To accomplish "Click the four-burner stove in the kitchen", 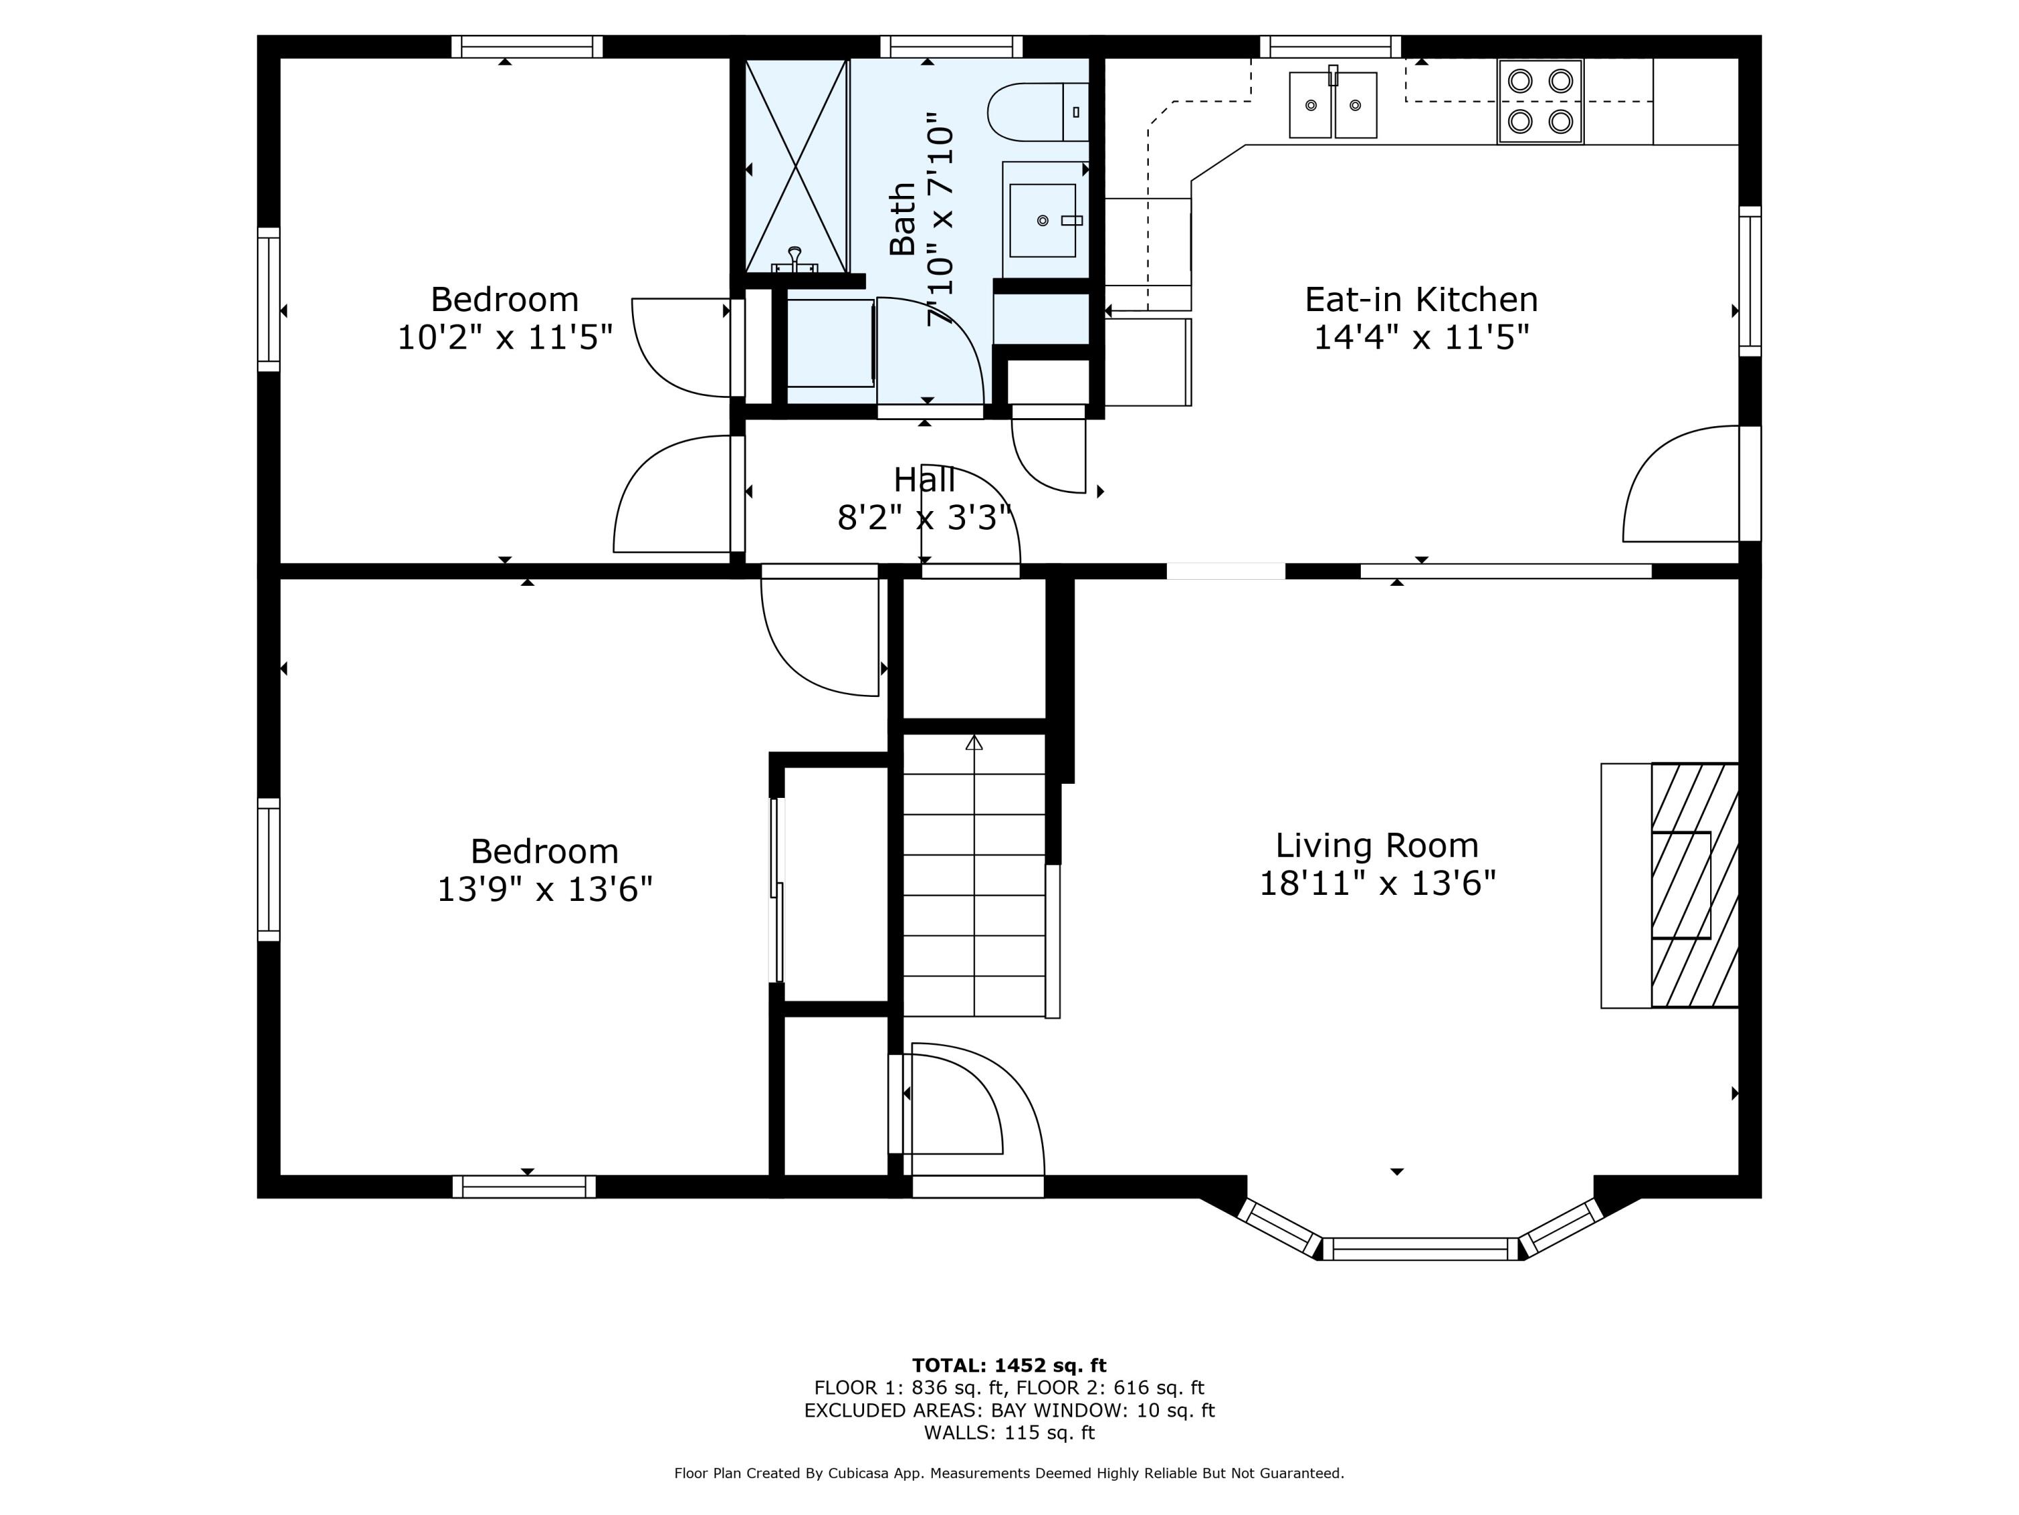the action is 1540,102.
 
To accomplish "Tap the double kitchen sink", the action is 1333,104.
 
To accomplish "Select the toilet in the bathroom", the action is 1038,111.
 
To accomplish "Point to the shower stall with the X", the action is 797,165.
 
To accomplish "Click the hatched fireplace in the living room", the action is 1694,885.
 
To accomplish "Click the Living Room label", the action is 1376,845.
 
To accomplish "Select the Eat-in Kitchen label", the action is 1421,300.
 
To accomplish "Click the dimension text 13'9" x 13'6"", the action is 545,889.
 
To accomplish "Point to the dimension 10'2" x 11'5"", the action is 505,337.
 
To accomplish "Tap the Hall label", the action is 925,479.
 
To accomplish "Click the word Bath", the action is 902,219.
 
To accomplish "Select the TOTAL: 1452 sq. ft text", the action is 1009,1366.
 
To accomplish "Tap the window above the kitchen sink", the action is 1331,46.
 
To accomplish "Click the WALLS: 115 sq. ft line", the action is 1010,1433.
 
